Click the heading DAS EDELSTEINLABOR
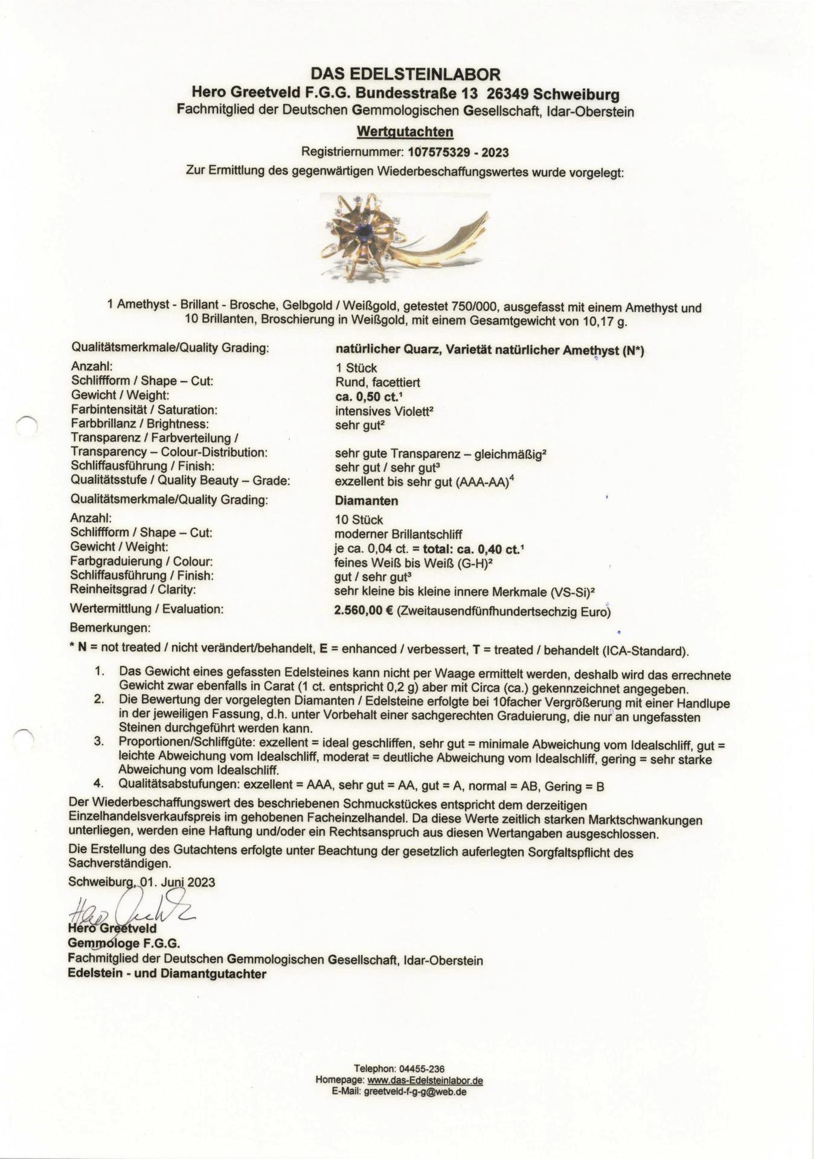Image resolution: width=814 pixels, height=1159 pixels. pyautogui.click(x=405, y=75)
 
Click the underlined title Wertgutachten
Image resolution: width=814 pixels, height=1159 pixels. pyautogui.click(x=405, y=132)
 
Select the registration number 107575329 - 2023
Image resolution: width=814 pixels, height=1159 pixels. pyautogui.click(x=458, y=152)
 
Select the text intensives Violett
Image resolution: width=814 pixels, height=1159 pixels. pyautogui.click(x=384, y=410)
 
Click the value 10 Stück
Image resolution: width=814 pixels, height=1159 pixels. pyautogui.click(x=359, y=520)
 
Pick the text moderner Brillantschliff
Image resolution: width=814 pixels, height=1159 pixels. pyautogui.click(x=398, y=534)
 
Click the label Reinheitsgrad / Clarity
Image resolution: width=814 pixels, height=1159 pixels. pyautogui.click(x=133, y=590)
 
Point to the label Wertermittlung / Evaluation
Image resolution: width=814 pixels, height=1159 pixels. pyautogui.click(x=147, y=608)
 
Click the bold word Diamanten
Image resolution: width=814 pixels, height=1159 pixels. pyautogui.click(x=366, y=501)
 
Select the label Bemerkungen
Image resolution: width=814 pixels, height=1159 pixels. pyautogui.click(x=110, y=628)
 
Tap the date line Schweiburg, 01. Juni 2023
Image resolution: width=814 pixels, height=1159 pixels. pyautogui.click(x=141, y=882)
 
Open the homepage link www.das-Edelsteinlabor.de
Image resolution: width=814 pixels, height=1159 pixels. pyautogui.click(x=425, y=1081)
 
